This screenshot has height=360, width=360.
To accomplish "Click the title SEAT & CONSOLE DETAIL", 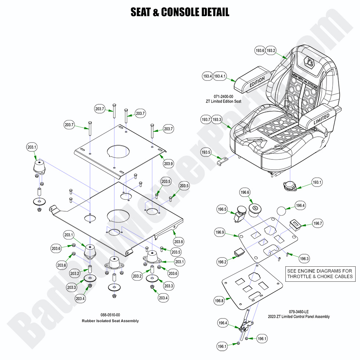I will (180, 12).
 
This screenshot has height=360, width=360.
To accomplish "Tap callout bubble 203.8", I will (179, 242).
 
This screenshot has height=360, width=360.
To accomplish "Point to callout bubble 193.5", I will (206, 152).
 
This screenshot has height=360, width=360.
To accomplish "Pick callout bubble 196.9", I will (220, 232).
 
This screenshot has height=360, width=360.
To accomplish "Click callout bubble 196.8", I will (219, 301).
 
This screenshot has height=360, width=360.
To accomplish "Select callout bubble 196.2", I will (222, 262).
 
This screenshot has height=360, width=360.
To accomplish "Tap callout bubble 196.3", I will (304, 259).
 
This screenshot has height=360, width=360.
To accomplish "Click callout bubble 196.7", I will (318, 223).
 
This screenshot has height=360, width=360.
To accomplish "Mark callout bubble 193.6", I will (260, 51).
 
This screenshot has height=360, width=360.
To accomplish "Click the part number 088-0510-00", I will (110, 315).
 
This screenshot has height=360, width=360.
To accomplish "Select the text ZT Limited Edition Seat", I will (223, 101).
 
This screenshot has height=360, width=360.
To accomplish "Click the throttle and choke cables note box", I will (320, 274).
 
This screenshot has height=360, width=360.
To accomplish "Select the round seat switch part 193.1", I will (290, 186).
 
